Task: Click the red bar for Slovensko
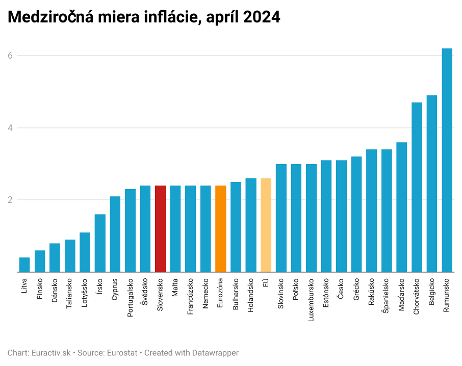[160, 228]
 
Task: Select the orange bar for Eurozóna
[220, 228]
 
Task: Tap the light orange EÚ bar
[266, 225]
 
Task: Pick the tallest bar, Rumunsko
[447, 160]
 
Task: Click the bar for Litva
[24, 265]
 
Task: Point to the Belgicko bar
[432, 184]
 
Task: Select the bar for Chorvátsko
[417, 187]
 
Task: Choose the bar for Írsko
[100, 243]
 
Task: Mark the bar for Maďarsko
[401, 207]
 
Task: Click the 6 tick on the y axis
[10, 56]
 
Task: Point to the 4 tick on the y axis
[10, 128]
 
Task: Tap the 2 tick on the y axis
[10, 200]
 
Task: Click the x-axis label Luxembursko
[311, 299]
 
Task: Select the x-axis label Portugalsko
[131, 297]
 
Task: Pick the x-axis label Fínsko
[40, 288]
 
